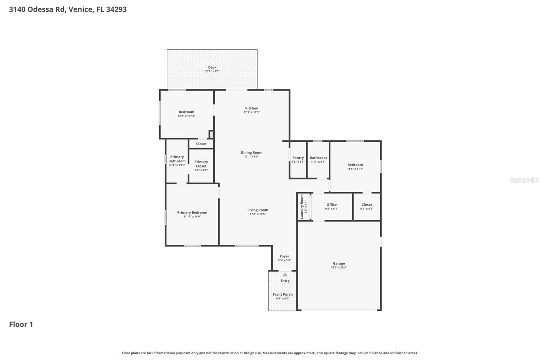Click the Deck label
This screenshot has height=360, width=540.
tap(212, 67)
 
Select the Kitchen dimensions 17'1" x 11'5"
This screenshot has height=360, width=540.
tap(252, 112)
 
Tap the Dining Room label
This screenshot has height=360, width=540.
tap(251, 153)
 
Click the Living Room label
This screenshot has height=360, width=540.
tap(258, 210)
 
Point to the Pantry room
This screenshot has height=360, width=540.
tap(298, 159)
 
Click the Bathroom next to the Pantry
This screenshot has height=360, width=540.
tap(318, 159)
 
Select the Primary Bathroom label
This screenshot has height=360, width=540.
tap(177, 159)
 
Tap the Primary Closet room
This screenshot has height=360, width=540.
tap(201, 165)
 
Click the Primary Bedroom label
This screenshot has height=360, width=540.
tap(192, 212)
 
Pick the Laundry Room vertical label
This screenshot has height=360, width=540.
tap(302, 207)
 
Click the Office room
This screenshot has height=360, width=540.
tap(331, 206)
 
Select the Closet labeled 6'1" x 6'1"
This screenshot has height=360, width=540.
tap(367, 206)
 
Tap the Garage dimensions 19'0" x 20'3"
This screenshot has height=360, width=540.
tap(339, 267)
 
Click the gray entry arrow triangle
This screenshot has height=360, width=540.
tap(285, 275)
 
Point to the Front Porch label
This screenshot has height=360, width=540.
tap(283, 294)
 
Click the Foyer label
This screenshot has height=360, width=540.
tap(284, 256)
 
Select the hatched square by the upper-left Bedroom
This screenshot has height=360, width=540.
tap(211, 134)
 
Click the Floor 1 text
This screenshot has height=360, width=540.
tap(21, 324)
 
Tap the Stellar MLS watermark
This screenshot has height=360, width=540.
tap(524, 180)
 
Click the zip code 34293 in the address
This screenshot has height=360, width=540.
tap(116, 9)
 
